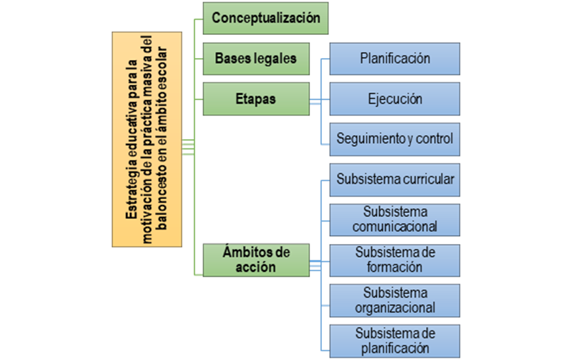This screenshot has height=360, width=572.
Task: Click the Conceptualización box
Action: tap(266, 18)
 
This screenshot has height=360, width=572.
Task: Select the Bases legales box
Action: tap(255, 59)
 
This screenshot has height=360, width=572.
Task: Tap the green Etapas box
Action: tap(255, 99)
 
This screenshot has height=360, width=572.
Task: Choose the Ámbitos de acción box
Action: tap(255, 260)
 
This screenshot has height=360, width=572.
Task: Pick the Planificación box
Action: tap(395, 59)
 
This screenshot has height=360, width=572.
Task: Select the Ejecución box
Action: tap(395, 99)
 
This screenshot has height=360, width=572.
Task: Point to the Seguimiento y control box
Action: tap(395, 139)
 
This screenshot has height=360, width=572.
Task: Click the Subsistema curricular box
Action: tap(395, 179)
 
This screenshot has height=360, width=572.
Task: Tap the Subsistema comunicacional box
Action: tap(395, 220)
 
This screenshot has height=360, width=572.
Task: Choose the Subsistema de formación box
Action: tap(395, 260)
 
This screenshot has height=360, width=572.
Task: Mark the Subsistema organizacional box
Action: tap(395, 300)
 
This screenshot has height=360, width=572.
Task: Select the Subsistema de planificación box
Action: tap(395, 340)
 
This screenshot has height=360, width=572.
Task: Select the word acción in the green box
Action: tap(255, 268)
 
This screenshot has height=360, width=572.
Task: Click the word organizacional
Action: tap(395, 307)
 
